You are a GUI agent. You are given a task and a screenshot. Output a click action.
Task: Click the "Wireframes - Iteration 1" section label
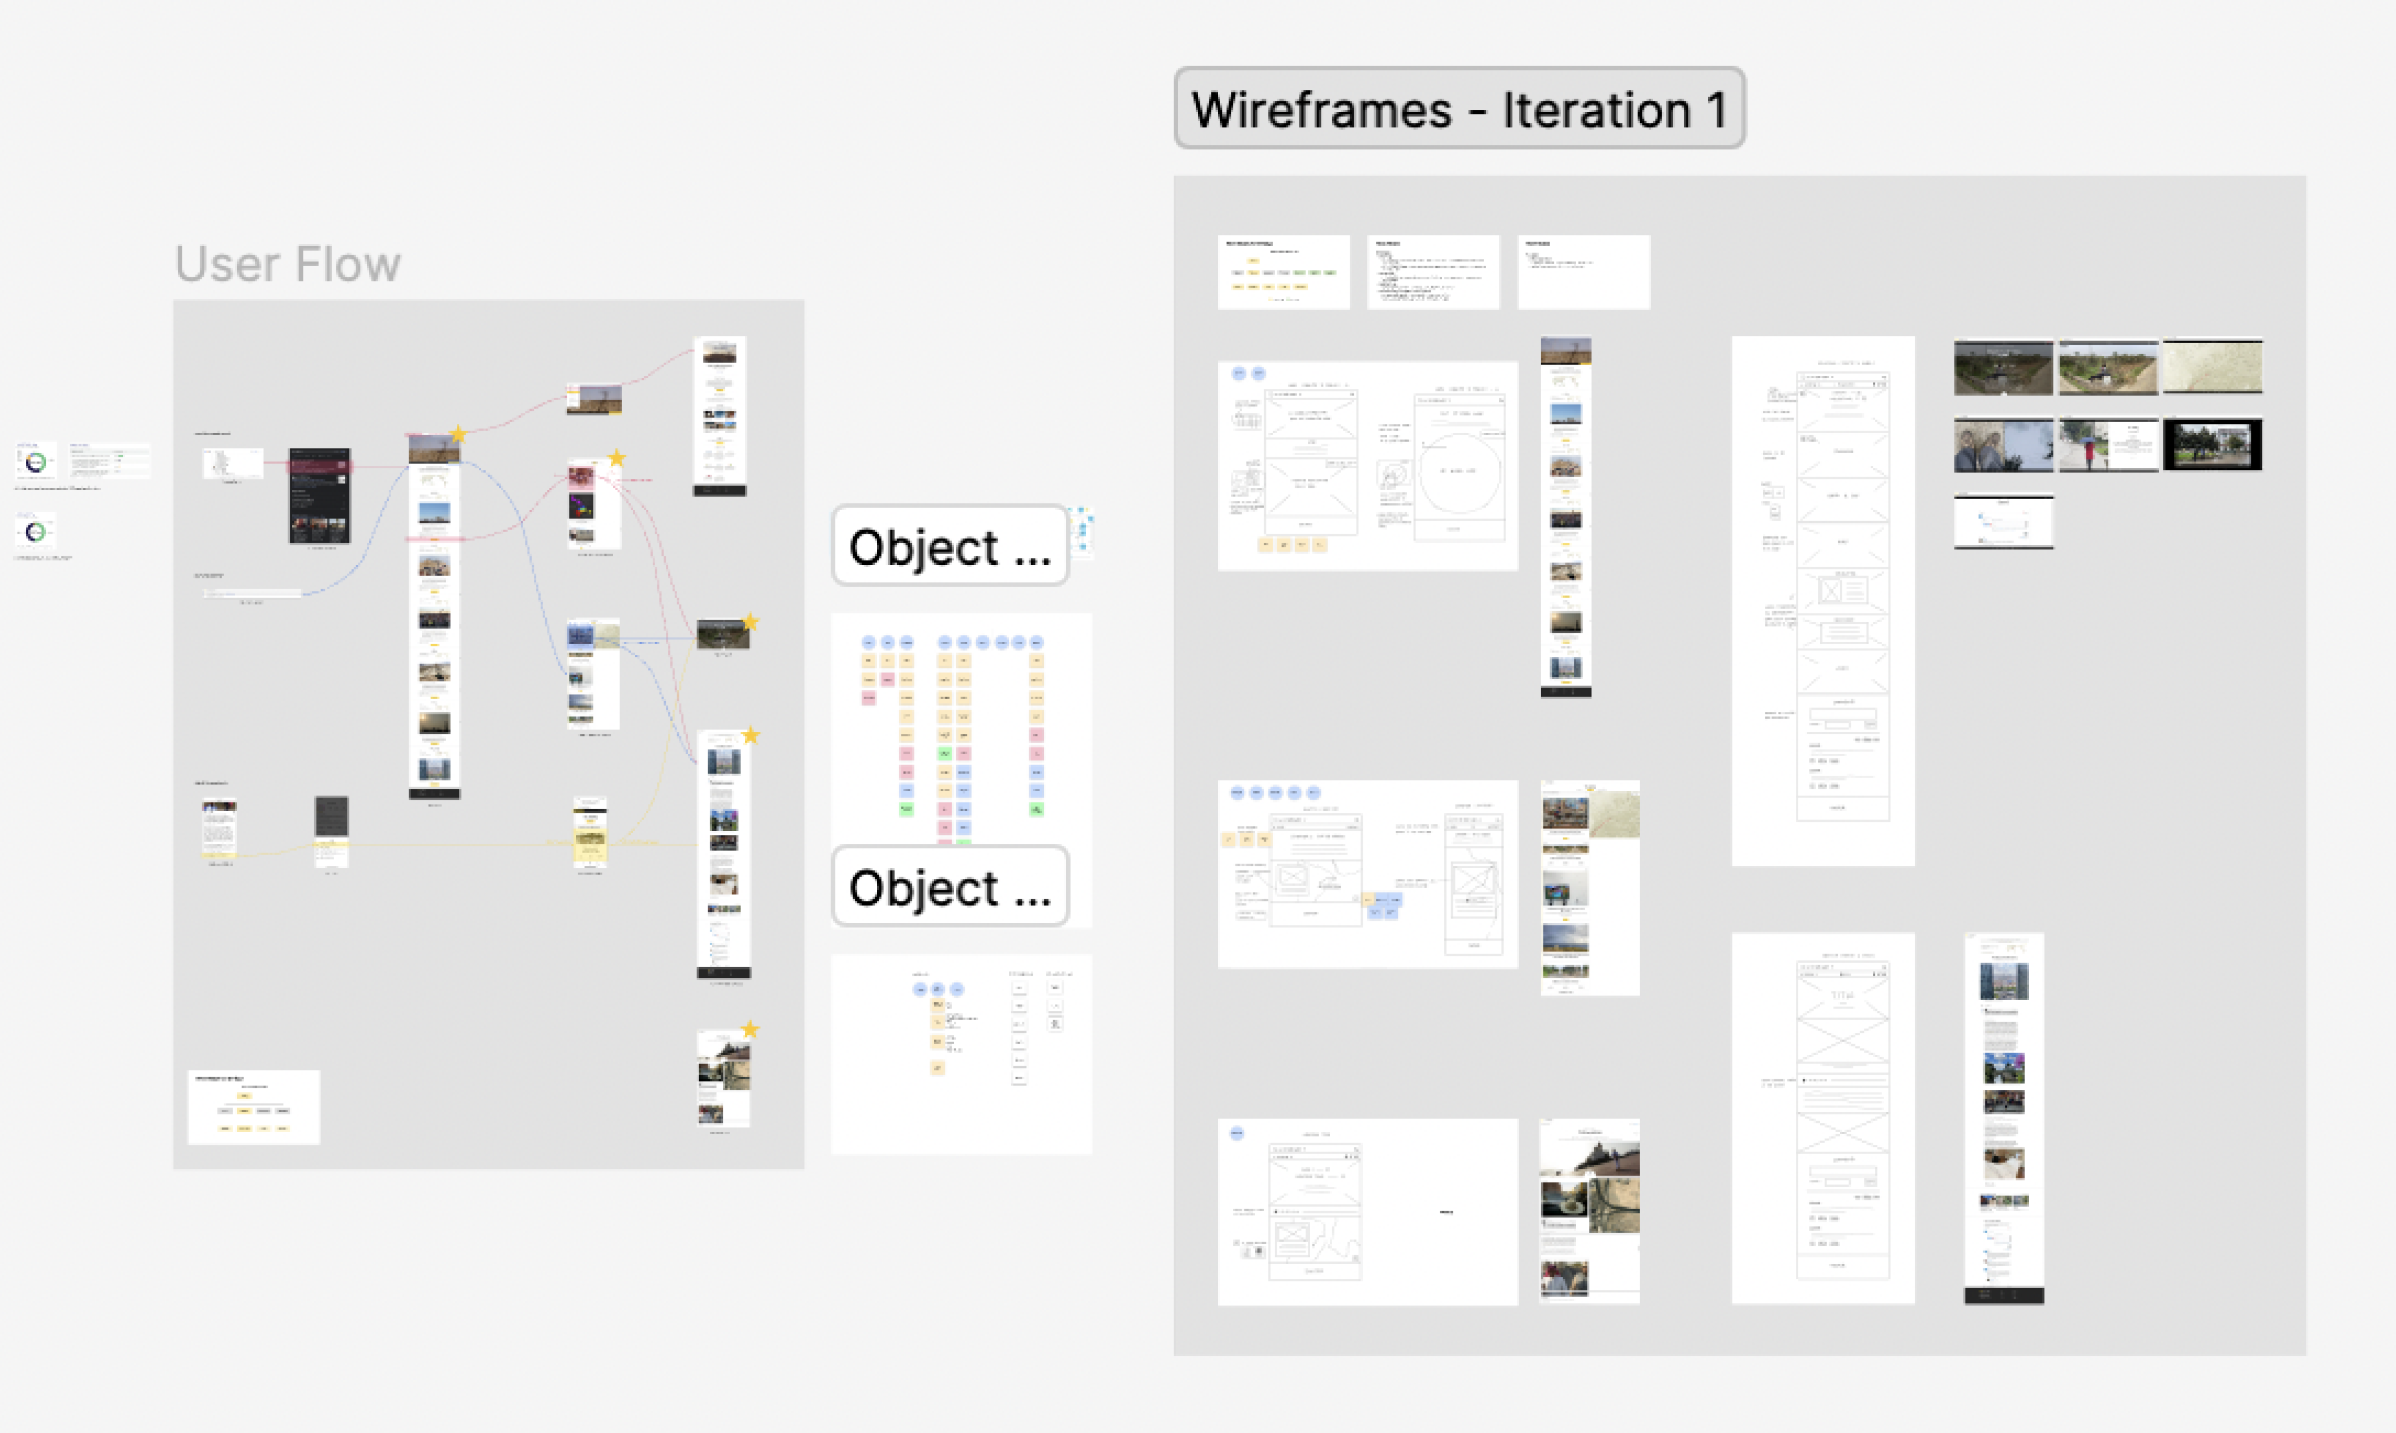point(1458,108)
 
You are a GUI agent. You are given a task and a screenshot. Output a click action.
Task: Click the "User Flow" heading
point(287,264)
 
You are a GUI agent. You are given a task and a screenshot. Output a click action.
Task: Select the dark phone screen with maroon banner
point(320,495)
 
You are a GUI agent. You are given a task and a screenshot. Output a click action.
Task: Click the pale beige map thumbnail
point(2211,367)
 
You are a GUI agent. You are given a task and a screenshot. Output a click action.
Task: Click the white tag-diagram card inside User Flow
point(253,1106)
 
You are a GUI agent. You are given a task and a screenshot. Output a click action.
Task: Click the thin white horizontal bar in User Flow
point(253,593)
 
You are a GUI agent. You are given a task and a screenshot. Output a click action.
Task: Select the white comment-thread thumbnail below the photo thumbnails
point(2003,521)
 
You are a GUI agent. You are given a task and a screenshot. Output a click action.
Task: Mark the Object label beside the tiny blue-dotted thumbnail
point(949,547)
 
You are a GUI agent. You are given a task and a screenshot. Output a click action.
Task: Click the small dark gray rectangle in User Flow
point(331,817)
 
